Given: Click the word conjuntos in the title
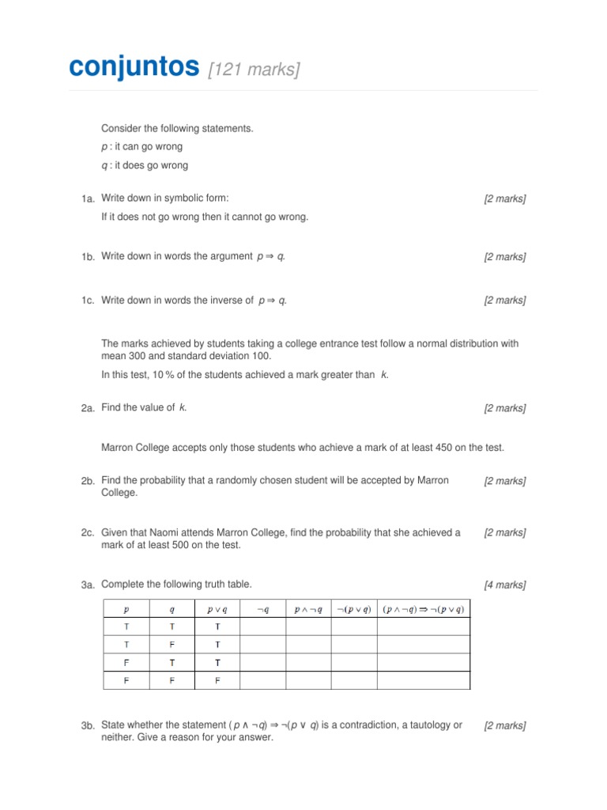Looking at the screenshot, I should click(x=134, y=68).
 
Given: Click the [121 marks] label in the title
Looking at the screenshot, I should click(x=254, y=70).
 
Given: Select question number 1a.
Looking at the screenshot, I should click(x=88, y=199).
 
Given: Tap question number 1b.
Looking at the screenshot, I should click(x=88, y=258).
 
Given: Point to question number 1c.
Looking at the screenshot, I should click(x=88, y=301).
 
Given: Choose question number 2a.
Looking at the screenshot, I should click(x=88, y=408).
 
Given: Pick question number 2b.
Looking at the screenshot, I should click(x=88, y=481).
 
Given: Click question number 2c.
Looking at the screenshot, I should click(x=88, y=533).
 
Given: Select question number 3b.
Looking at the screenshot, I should click(x=88, y=726).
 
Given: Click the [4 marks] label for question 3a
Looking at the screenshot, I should click(x=505, y=585).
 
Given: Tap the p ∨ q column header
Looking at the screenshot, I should click(x=217, y=609).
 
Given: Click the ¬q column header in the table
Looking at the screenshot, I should click(x=263, y=609).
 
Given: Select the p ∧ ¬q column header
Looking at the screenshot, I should click(x=308, y=609).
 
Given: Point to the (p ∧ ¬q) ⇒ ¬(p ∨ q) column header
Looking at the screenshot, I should click(x=423, y=609).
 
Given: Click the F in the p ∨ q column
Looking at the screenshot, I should click(x=217, y=679).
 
